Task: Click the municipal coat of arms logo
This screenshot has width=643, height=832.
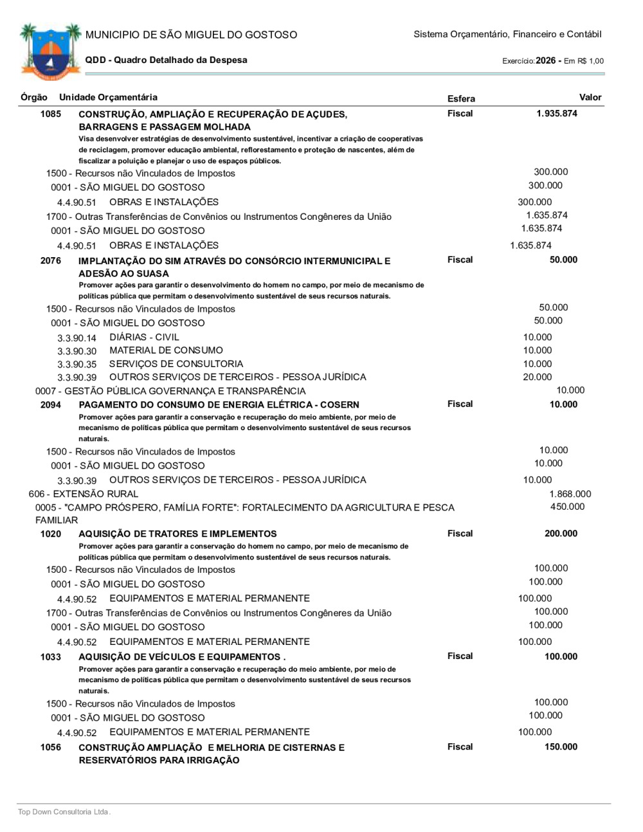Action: [50, 51]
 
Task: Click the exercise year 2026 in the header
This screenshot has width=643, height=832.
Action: [545, 60]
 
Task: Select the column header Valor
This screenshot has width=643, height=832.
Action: [590, 98]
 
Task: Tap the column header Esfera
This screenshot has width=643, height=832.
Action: [461, 98]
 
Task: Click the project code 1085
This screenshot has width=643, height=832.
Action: [51, 114]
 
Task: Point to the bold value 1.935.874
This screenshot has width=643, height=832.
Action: [557, 114]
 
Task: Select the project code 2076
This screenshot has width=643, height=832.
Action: [51, 261]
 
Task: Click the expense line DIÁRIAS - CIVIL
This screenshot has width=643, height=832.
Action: [144, 338]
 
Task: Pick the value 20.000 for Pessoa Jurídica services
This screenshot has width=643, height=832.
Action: [537, 377]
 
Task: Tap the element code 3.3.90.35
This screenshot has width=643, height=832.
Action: [77, 365]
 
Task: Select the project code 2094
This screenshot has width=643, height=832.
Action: [51, 405]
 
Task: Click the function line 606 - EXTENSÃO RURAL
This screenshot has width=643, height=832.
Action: [84, 494]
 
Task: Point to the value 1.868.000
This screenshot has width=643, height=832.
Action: [570, 494]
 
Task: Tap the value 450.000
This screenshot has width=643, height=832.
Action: [567, 507]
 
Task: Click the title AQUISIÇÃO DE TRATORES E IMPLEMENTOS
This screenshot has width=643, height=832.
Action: [177, 534]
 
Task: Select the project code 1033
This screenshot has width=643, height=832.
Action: [51, 657]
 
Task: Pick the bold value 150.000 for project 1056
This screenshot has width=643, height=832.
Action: [561, 747]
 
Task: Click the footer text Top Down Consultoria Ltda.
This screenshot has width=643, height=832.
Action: [64, 812]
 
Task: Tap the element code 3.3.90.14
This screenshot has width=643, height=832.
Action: [77, 338]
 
